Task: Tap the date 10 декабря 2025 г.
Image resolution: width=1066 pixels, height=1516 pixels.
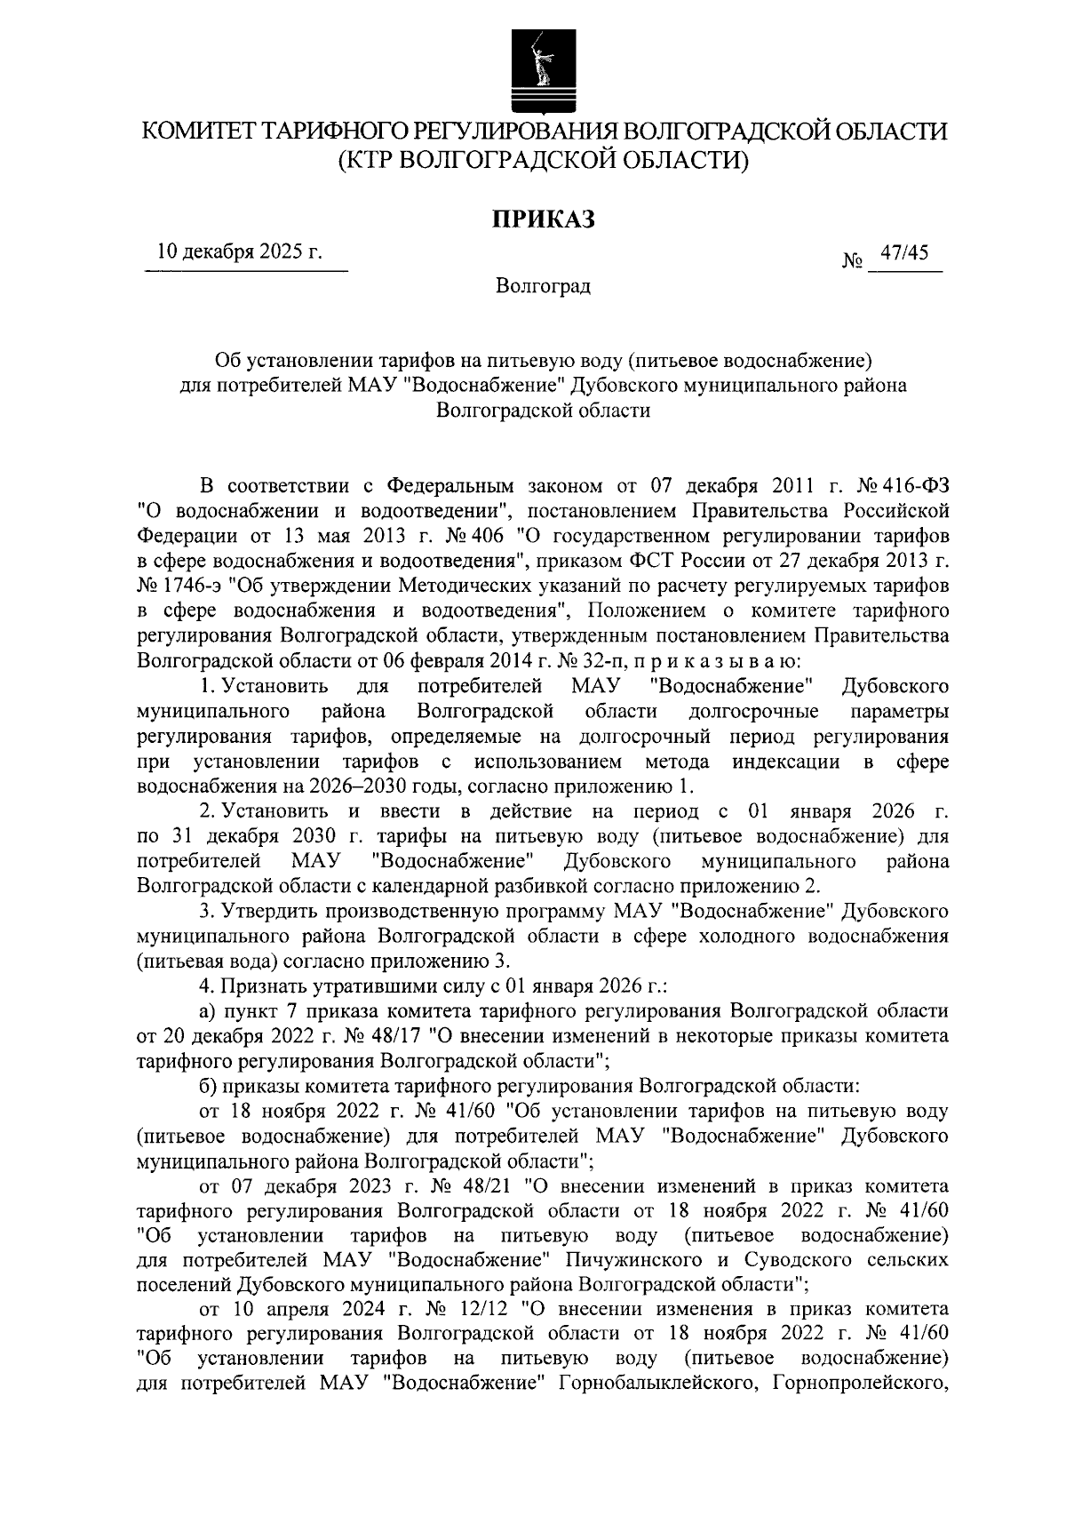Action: pos(240,253)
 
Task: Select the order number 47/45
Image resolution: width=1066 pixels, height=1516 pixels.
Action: pos(902,253)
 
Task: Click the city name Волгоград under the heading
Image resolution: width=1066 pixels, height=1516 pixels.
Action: pos(544,286)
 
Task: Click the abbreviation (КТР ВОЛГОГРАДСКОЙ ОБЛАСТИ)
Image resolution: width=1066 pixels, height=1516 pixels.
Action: pos(544,160)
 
